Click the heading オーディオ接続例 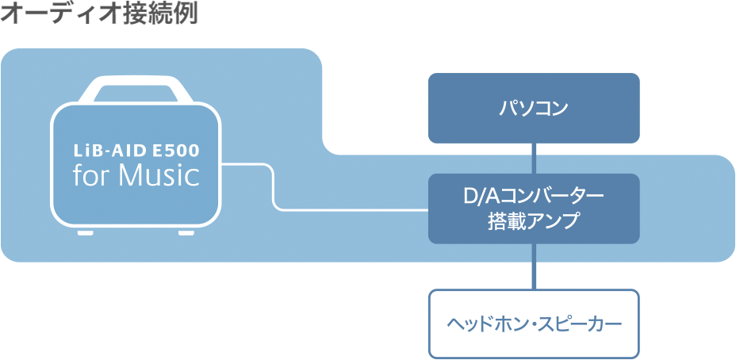pyautogui.click(x=99, y=14)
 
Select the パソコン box pyautogui.click(x=534, y=108)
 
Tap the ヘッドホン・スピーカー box pyautogui.click(x=534, y=324)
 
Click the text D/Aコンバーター pyautogui.click(x=534, y=195)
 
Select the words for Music pyautogui.click(x=136, y=174)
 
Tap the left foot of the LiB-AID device pyautogui.click(x=85, y=232)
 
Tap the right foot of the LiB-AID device pyautogui.click(x=186, y=232)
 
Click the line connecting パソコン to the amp pyautogui.click(x=534, y=158)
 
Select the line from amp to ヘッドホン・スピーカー pyautogui.click(x=534, y=266)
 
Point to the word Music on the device pyautogui.click(x=159, y=174)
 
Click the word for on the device pyautogui.click(x=92, y=174)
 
